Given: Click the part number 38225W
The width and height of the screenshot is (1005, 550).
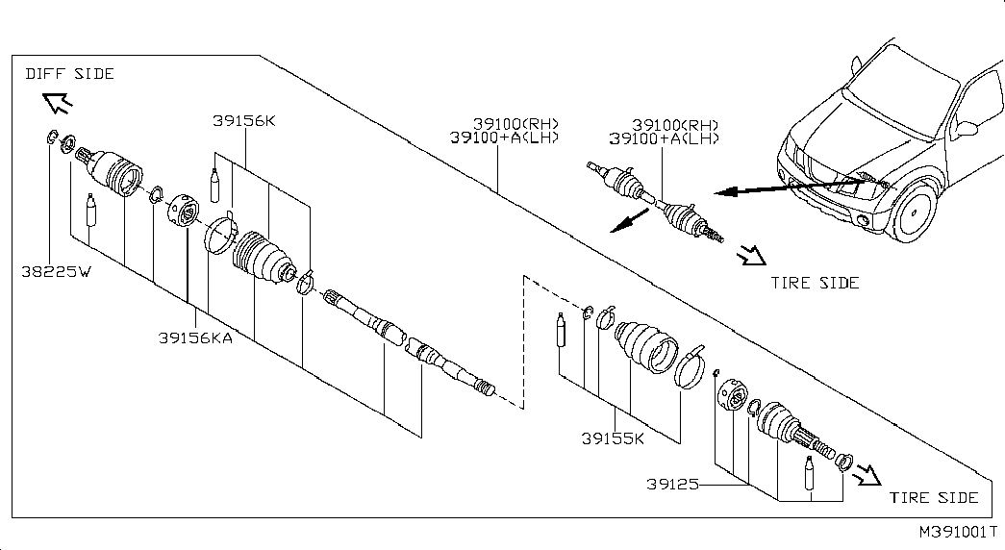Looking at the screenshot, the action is pos(57,272).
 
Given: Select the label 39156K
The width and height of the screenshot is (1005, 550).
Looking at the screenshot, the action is pos(244,120).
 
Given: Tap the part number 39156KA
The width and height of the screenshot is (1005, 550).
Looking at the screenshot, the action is pos(195,337).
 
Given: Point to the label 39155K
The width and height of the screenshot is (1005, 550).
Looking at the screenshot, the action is pos(613,439).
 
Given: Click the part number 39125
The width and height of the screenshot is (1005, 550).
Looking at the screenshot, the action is pos(672,485).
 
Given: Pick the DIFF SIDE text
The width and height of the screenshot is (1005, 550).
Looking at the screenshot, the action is pos(70,74).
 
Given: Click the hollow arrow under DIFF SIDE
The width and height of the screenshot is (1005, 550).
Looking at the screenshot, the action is pos(58,103).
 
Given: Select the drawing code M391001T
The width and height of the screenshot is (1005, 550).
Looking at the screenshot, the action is pos(959,532).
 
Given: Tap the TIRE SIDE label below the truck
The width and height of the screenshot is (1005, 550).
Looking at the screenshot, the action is pos(815,283).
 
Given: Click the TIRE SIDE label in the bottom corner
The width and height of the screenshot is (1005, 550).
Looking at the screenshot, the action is pos(934,497).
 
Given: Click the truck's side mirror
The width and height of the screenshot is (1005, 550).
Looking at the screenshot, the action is pos(966,127).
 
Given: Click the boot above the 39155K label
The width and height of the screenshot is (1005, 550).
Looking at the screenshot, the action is pos(645,346).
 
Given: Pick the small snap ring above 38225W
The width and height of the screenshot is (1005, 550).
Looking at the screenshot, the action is pos(52,137).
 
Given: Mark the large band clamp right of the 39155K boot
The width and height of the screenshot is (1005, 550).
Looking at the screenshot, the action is pos(690,366).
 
